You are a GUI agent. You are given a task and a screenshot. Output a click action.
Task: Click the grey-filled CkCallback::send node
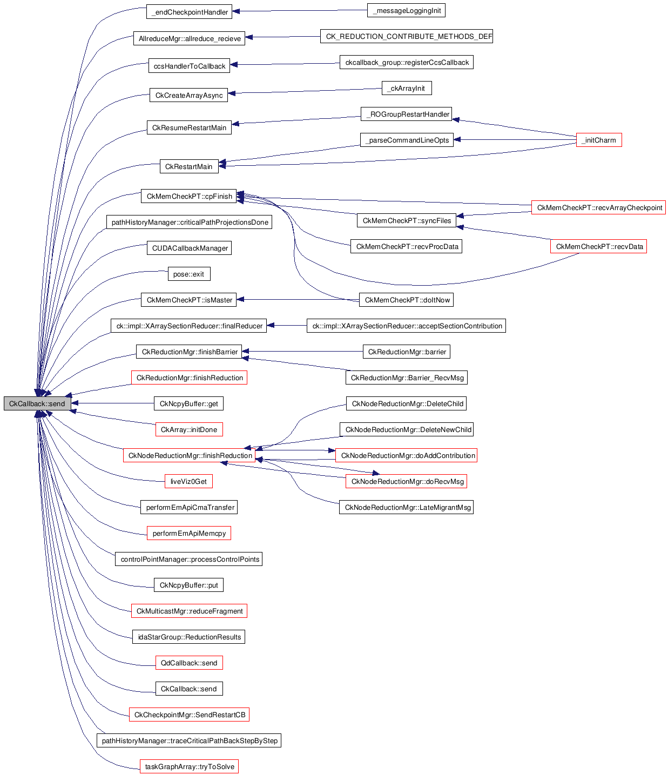[x=37, y=403]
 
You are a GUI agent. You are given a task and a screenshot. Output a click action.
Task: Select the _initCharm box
[x=599, y=140]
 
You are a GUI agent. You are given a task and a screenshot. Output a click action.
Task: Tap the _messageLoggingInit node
[x=406, y=10]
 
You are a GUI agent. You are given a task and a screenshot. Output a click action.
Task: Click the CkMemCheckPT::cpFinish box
[x=189, y=196]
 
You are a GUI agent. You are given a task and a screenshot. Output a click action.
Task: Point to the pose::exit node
[x=188, y=274]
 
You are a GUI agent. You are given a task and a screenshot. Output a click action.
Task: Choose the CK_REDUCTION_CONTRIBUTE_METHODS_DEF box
[x=406, y=36]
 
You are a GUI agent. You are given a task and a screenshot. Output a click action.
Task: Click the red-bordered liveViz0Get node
[x=188, y=481]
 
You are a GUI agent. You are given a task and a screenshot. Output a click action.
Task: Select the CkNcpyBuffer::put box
[x=188, y=585]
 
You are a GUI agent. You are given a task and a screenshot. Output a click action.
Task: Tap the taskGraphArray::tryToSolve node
[x=189, y=766]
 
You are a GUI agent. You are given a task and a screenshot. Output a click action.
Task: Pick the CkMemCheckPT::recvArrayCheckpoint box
[x=598, y=207]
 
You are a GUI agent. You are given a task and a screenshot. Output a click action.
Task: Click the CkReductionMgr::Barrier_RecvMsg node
[x=406, y=378]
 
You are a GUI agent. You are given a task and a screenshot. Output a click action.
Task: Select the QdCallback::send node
[x=188, y=663]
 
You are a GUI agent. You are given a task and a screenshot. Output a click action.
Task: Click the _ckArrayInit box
[x=406, y=88]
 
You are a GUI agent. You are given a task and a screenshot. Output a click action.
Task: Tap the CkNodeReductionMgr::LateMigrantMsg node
[x=406, y=507]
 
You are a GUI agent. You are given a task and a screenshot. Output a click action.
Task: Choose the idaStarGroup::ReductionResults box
[x=188, y=637]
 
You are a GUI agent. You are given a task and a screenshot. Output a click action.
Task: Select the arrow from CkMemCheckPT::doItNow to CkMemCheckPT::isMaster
[x=297, y=299]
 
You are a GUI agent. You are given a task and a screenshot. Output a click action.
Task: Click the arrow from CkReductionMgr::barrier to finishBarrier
[x=302, y=352]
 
